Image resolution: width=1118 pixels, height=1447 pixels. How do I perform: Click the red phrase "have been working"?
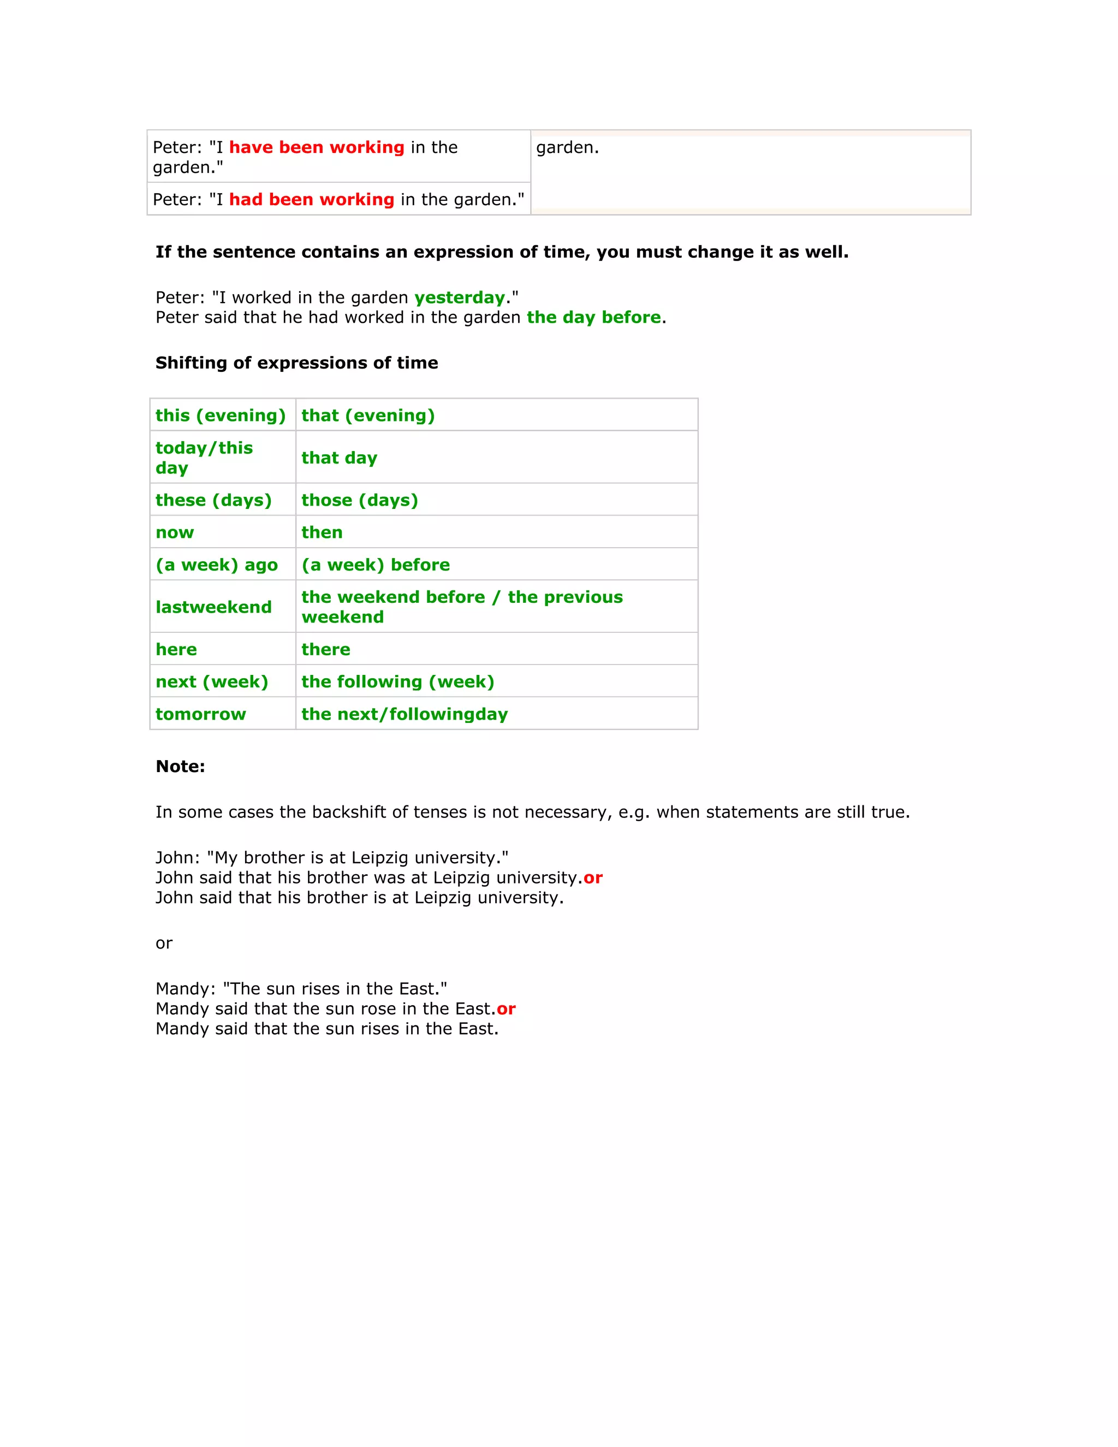(317, 147)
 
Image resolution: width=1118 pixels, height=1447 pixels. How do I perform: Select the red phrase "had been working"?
(311, 199)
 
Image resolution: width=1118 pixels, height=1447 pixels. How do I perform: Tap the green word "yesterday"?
(460, 298)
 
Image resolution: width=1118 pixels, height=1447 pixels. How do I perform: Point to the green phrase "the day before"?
(593, 317)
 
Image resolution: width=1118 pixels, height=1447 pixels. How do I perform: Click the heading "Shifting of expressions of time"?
(297, 363)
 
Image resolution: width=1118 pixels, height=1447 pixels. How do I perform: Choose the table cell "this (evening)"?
(221, 416)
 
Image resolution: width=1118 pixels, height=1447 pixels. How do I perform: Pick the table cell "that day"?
(339, 458)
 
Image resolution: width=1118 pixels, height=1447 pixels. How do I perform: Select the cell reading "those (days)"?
(360, 500)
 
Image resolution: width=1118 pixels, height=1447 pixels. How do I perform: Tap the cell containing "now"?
(175, 533)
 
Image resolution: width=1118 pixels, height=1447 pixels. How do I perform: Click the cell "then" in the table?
(322, 533)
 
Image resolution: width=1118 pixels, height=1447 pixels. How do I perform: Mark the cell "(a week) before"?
(376, 565)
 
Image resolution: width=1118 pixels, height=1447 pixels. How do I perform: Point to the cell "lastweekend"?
(213, 607)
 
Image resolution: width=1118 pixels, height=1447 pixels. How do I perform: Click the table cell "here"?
(176, 649)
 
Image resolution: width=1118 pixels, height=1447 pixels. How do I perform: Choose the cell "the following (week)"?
(397, 682)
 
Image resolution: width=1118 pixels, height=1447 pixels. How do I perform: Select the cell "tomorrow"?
(201, 714)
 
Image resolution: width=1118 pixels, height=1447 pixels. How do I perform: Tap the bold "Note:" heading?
(180, 767)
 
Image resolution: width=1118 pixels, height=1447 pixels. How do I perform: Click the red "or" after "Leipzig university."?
(593, 878)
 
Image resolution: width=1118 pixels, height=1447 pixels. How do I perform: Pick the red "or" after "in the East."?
(506, 1009)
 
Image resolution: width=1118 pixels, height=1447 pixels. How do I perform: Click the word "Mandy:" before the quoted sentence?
(186, 989)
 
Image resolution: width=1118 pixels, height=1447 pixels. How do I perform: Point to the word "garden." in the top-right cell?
(568, 147)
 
